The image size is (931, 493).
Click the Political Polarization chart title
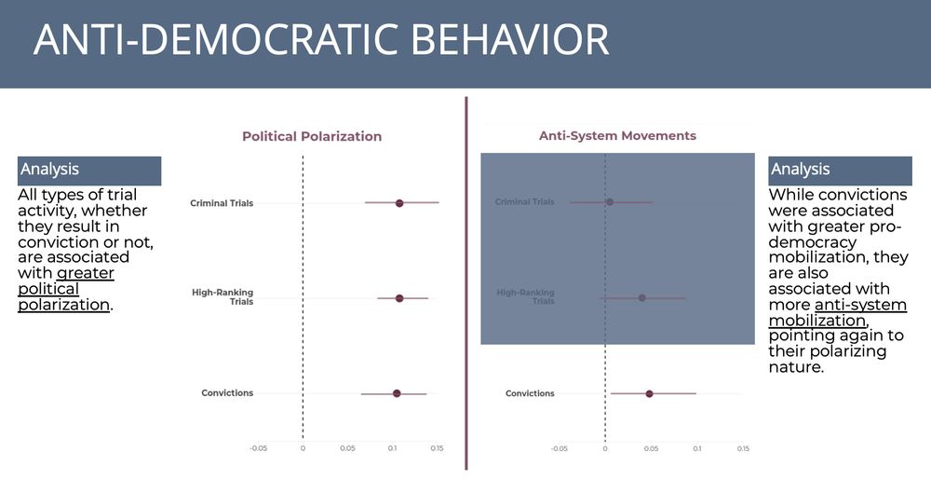click(312, 136)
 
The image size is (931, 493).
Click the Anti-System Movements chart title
click(617, 135)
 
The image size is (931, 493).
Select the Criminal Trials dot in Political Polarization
click(399, 203)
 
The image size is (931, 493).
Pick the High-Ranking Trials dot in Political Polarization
click(399, 298)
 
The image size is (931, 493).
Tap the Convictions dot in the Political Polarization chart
click(397, 393)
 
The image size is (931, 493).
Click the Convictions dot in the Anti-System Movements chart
click(650, 393)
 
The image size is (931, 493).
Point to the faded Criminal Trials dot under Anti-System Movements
click(610, 202)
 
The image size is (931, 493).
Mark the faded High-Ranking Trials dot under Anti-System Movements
click(641, 297)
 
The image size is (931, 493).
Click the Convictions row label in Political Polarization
click(227, 393)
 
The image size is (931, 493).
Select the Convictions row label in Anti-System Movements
click(530, 393)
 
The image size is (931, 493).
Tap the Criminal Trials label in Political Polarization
click(222, 203)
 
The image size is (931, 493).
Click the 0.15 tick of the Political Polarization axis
click(437, 448)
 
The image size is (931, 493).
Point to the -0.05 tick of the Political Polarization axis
click(258, 448)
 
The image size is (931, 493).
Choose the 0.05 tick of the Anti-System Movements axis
click(652, 448)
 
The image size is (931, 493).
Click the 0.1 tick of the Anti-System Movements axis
click(697, 448)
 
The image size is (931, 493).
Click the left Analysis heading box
click(89, 171)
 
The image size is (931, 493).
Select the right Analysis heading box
click(840, 171)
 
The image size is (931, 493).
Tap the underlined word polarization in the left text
click(63, 305)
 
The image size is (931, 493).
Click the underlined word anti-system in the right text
click(860, 305)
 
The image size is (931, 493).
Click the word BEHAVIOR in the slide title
click(510, 39)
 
